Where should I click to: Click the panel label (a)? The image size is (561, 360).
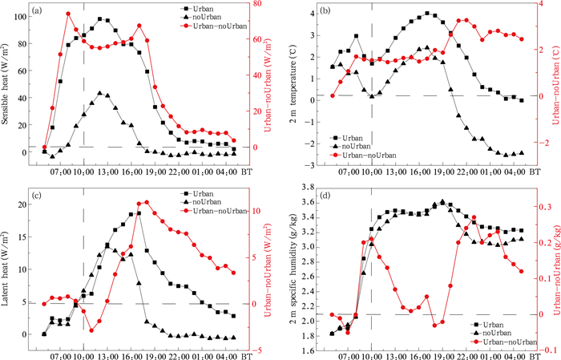click(40, 12)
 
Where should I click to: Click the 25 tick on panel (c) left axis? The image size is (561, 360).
click(23, 187)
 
